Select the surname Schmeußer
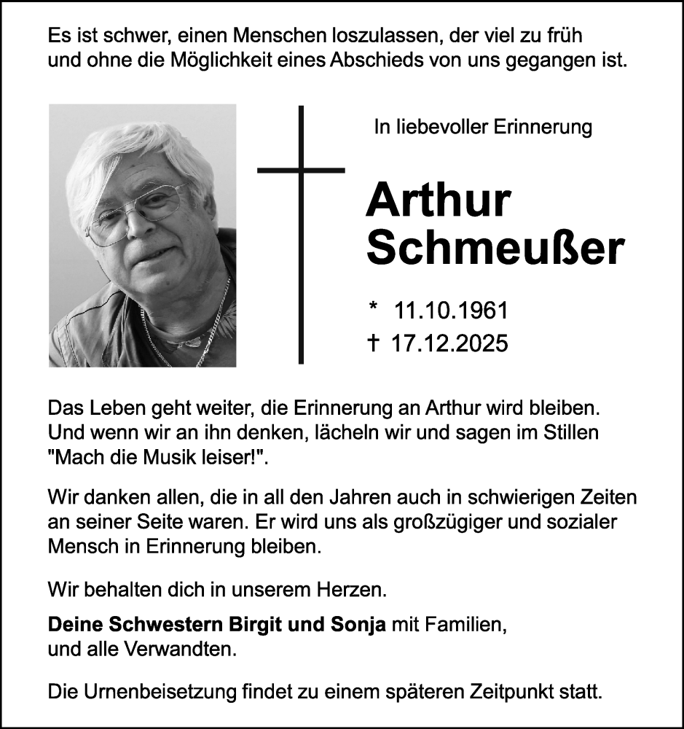pos(495,248)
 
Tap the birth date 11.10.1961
pos(450,311)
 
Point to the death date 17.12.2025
pos(449,343)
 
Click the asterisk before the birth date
pos(374,308)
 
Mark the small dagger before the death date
pos(374,343)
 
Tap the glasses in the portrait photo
pos(138,214)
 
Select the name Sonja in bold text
pos(358,625)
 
